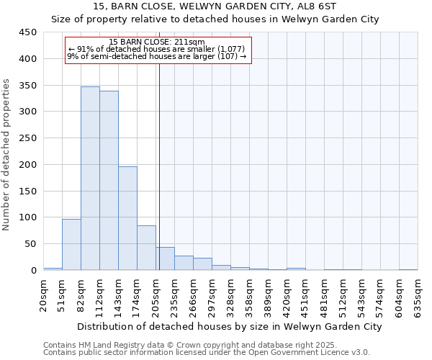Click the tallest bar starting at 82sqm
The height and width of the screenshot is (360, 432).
coord(90,179)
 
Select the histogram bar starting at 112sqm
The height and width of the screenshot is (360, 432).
coord(109,181)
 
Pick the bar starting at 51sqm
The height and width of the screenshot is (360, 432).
coord(71,244)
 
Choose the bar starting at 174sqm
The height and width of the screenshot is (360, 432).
coord(146,248)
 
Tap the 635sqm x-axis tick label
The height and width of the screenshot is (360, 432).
coord(418,296)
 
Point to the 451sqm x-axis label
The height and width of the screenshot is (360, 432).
coord(306,296)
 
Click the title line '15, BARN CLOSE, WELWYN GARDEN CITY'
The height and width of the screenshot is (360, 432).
coord(215,6)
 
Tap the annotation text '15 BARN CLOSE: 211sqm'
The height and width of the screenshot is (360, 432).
coord(157,42)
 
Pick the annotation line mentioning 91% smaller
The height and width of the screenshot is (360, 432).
coord(157,49)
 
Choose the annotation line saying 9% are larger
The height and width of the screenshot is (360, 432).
coord(157,56)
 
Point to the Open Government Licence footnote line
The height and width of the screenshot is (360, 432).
coord(206,352)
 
